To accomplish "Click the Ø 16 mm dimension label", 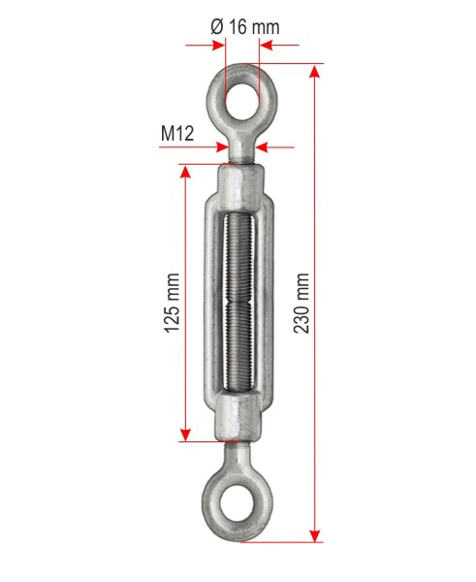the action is (x=245, y=27).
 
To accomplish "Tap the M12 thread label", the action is (x=177, y=133).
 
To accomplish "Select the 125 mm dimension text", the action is (x=173, y=303).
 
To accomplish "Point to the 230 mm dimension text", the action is (x=301, y=303).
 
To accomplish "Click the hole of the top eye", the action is (x=242, y=101).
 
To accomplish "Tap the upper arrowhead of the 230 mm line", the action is (x=315, y=71).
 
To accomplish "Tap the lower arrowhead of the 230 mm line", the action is (x=315, y=535).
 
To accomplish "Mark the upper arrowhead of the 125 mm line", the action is (x=185, y=172).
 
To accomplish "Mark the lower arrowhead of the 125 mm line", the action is (x=185, y=435).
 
